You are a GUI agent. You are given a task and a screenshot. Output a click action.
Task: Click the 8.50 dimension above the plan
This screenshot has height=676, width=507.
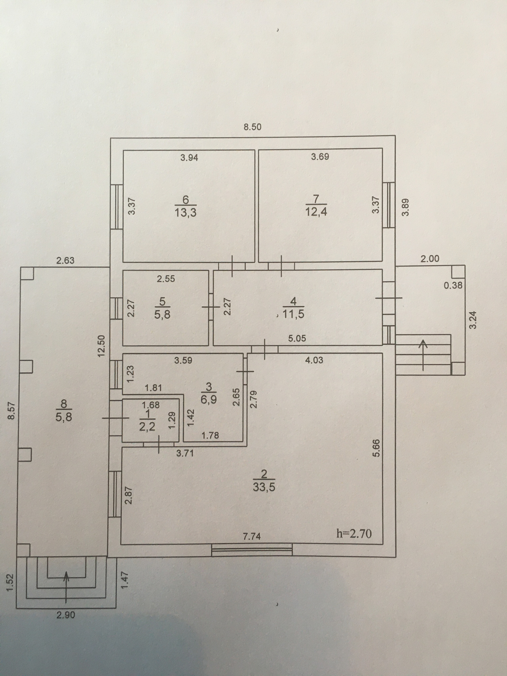point(252,127)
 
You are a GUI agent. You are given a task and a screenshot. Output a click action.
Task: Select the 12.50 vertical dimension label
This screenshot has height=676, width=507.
point(101,346)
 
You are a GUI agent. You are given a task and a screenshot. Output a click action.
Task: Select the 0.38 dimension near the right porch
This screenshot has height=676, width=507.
point(453,285)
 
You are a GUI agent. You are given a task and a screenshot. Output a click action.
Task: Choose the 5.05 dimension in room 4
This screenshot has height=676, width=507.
point(297,338)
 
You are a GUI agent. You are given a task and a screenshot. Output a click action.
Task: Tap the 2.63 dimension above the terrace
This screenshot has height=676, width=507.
point(65,260)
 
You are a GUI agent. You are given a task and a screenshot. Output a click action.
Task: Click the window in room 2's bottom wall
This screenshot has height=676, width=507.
point(252,550)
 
